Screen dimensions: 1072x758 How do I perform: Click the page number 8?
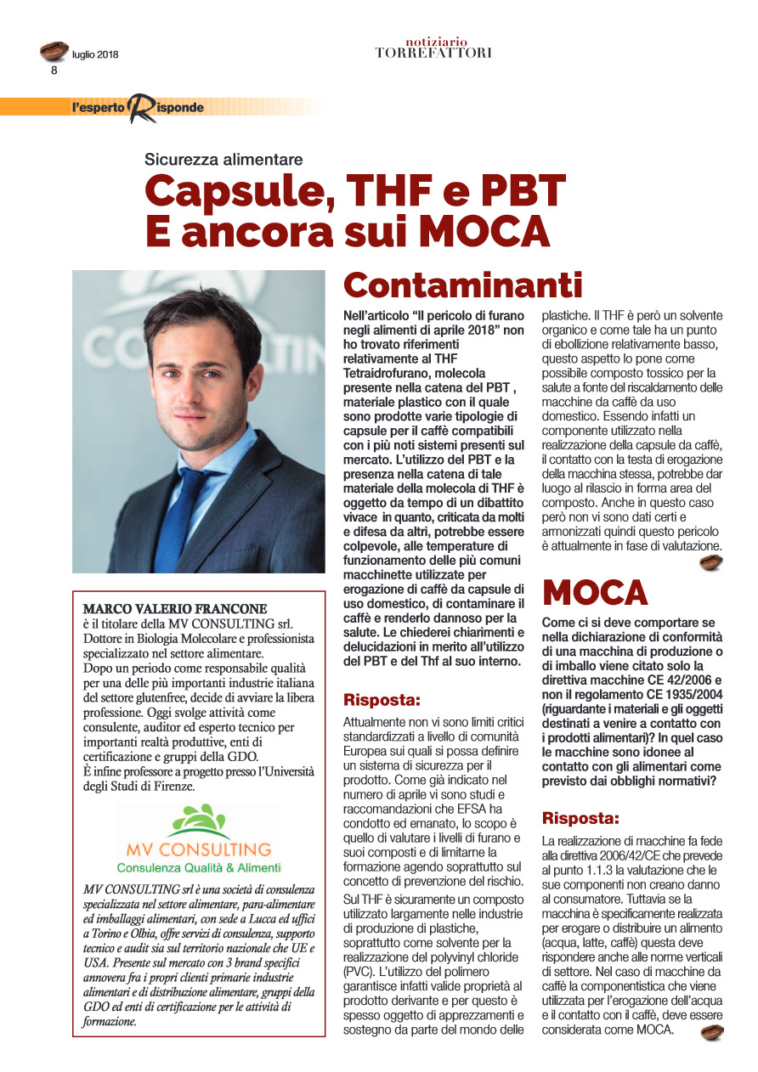tap(54, 71)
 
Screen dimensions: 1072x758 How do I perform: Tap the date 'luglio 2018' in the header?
tap(95, 55)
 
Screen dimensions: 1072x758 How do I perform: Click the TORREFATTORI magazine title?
tap(433, 53)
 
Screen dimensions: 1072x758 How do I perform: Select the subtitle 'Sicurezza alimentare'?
tap(223, 159)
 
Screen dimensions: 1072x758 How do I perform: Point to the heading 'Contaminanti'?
tap(462, 285)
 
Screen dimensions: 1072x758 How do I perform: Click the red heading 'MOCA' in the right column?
tap(595, 591)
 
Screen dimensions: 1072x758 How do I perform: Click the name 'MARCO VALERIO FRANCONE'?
tap(174, 609)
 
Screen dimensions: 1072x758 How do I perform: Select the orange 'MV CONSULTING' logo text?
tap(198, 849)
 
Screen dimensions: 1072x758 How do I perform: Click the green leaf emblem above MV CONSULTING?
tap(199, 822)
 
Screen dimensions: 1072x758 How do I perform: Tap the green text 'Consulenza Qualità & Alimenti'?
tap(198, 867)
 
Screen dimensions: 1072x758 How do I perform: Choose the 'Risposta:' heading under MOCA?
tap(580, 819)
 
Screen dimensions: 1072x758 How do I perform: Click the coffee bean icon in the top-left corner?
tap(54, 51)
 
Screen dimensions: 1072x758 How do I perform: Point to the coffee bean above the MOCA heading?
tap(710, 563)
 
